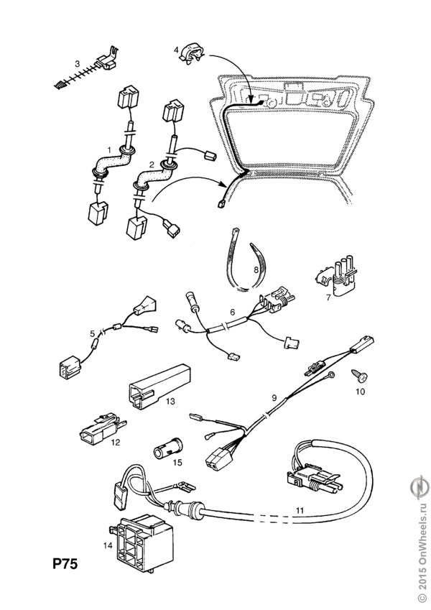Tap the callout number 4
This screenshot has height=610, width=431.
click(x=175, y=49)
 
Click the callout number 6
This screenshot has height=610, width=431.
click(x=233, y=313)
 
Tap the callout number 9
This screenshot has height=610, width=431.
click(x=273, y=397)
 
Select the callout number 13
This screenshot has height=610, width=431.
click(x=170, y=400)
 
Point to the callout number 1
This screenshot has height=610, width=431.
click(x=108, y=149)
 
